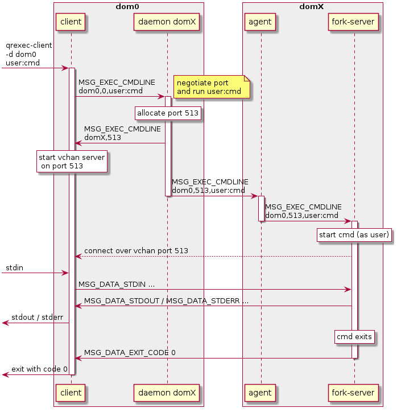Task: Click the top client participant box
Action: [x=71, y=22]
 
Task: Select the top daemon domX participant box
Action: [x=167, y=22]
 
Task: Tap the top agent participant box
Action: [x=261, y=22]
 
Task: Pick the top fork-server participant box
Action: [x=354, y=22]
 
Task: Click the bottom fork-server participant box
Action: [x=354, y=393]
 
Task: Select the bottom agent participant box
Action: [x=261, y=393]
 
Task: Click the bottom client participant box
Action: [x=71, y=393]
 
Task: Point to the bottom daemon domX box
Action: [x=167, y=393]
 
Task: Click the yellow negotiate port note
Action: [x=213, y=87]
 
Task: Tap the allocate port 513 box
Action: [x=168, y=113]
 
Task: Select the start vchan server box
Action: [x=72, y=162]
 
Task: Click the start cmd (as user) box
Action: [x=354, y=234]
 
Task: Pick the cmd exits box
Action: [x=354, y=336]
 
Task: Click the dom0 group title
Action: [x=128, y=6]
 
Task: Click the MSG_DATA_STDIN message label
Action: [x=117, y=284]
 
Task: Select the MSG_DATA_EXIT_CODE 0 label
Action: [x=130, y=353]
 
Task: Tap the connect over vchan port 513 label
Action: [x=136, y=251]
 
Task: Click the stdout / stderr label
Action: [x=37, y=317]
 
